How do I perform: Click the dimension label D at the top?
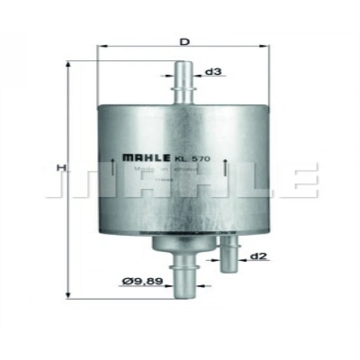tap(184, 41)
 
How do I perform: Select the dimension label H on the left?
tap(61, 168)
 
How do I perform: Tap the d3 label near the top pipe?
tap(213, 72)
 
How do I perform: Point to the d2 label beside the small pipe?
tap(258, 256)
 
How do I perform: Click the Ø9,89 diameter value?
tap(142, 282)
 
